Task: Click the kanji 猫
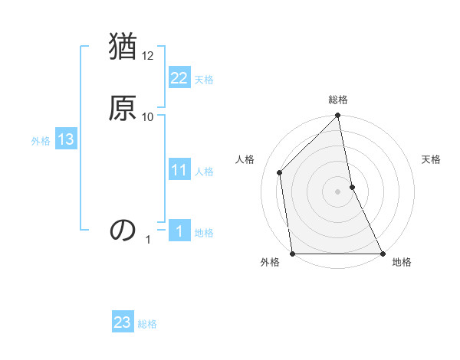(x=123, y=47)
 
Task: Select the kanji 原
(x=123, y=107)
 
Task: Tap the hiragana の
(x=123, y=230)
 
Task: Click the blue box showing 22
(x=179, y=78)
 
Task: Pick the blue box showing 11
(x=179, y=170)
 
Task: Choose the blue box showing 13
(x=65, y=139)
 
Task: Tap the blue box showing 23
(x=123, y=322)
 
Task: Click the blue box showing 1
(x=179, y=231)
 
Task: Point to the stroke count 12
(x=148, y=56)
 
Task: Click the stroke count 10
(x=148, y=116)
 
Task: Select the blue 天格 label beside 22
(x=204, y=80)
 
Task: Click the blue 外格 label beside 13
(x=41, y=141)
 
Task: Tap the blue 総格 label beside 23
(x=147, y=324)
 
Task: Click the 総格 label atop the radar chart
(x=338, y=100)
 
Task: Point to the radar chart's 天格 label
(x=431, y=159)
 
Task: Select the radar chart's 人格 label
(x=245, y=159)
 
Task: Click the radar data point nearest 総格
(x=338, y=116)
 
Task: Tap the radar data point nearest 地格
(x=382, y=253)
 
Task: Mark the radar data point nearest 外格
(x=293, y=253)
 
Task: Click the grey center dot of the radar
(x=338, y=191)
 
